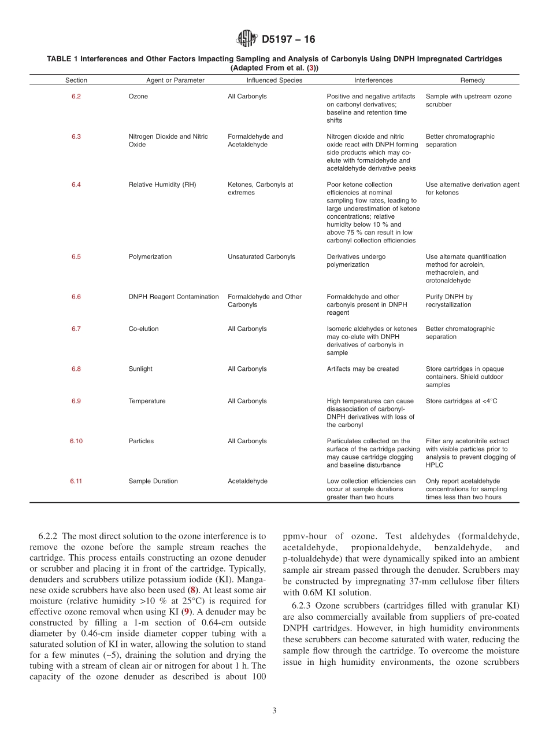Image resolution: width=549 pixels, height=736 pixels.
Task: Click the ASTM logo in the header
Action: coord(247,39)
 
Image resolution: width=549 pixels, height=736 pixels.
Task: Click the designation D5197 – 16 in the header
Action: coord(288,39)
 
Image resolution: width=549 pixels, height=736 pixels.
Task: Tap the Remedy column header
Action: coord(472,80)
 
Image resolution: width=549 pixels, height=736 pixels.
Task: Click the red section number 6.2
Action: coord(76,97)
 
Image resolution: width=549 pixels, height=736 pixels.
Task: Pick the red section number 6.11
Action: coord(76,481)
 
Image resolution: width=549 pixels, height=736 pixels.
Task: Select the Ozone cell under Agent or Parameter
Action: coord(138,97)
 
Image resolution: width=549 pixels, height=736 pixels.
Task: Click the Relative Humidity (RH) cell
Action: coord(162,185)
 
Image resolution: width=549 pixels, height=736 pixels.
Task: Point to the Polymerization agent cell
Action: coord(150,256)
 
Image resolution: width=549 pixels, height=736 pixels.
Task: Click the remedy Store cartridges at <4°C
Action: coord(461,401)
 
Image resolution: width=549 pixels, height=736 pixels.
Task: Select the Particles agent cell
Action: coord(141,441)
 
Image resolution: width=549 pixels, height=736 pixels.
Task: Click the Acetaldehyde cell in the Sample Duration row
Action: coord(247,481)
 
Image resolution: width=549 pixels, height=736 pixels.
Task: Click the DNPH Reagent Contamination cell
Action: coord(173,296)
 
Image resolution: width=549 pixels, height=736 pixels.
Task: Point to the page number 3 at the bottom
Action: coord(274,711)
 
